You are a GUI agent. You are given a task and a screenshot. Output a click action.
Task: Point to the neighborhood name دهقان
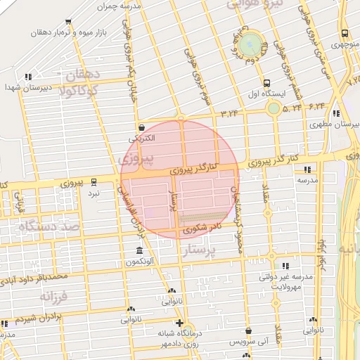coord(84,75)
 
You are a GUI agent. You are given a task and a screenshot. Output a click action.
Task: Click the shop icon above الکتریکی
coord(143,128)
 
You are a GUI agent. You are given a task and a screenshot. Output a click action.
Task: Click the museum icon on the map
coord(139,251)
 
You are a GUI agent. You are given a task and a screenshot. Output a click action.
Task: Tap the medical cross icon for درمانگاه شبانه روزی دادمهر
coord(179,323)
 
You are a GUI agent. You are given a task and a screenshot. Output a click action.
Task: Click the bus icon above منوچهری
coord(344,33)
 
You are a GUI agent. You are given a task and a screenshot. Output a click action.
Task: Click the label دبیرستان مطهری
coord(331,124)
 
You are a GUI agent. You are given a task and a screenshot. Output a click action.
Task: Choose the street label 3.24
coord(230,112)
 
